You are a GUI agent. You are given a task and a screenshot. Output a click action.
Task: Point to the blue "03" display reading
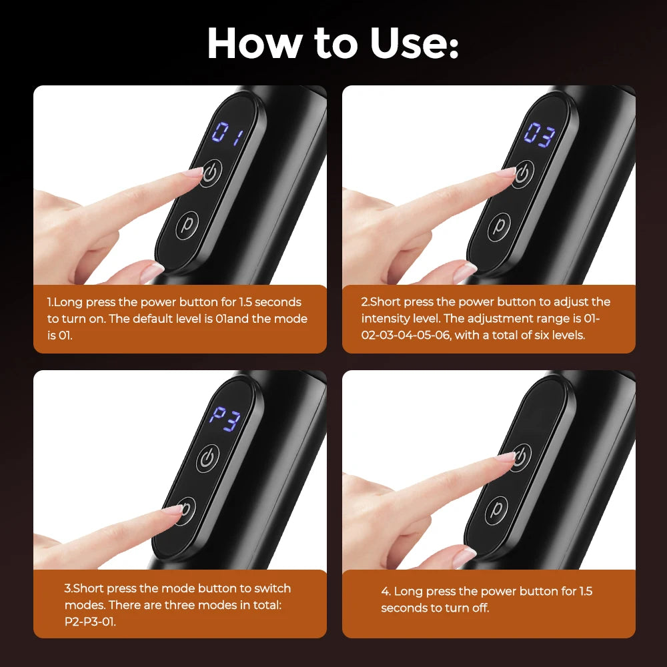tap(538, 135)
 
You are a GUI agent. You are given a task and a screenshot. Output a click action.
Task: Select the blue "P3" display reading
tap(224, 419)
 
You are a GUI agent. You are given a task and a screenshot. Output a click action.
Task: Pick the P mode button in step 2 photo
tap(497, 227)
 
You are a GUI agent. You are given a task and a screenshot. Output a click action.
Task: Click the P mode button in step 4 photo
tap(497, 511)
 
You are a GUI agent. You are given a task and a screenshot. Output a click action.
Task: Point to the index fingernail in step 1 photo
tap(193, 173)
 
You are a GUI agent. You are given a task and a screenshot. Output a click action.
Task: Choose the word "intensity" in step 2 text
tap(386, 319)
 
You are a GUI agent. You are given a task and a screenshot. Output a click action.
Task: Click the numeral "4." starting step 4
tap(386, 592)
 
